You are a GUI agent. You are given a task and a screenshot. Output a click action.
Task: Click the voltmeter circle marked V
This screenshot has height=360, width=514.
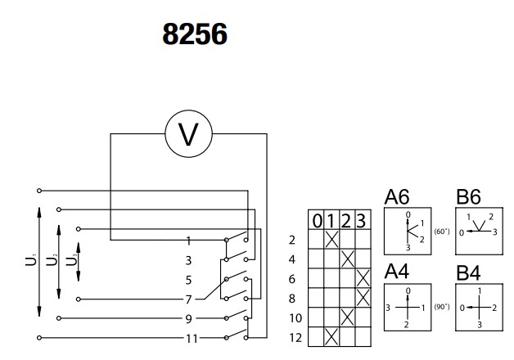tap(188, 134)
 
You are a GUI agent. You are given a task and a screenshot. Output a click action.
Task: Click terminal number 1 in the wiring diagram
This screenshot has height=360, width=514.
tap(188, 241)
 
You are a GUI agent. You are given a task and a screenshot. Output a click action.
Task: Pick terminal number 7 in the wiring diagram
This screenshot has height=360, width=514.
tap(188, 299)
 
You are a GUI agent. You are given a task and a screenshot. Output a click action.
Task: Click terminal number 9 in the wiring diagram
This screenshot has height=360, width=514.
tap(188, 317)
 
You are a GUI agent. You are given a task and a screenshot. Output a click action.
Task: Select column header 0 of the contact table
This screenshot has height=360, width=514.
tap(315, 221)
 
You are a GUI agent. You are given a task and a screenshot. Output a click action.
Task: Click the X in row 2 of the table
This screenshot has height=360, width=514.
tap(331, 240)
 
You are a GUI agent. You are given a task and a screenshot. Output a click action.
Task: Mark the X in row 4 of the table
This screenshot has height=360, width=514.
tap(347, 259)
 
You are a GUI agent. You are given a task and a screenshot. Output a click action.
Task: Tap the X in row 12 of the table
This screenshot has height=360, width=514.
tap(331, 336)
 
